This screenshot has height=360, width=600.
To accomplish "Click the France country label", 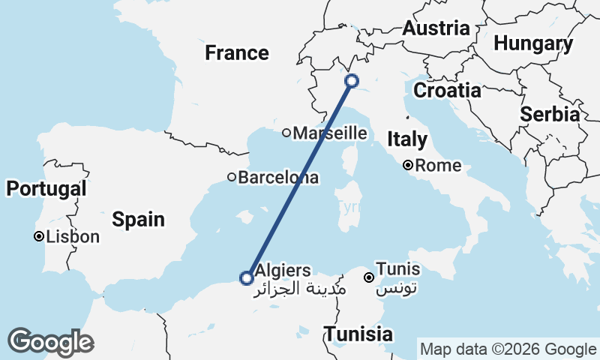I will click(237, 53).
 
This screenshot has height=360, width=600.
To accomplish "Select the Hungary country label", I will click(533, 44).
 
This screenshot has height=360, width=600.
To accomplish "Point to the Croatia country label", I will click(448, 91).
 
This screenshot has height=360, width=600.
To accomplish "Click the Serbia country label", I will click(550, 115).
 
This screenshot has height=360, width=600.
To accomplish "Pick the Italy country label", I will click(407, 139).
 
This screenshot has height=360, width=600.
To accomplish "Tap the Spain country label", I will click(138, 219).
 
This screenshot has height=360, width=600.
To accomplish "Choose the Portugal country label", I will click(46, 189).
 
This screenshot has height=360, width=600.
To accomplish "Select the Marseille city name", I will click(330, 133).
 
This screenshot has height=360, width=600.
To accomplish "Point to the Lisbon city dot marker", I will click(38, 237).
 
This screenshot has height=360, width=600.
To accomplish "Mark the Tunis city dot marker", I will click(369, 277).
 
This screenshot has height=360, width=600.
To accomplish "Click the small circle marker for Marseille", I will click(286, 133).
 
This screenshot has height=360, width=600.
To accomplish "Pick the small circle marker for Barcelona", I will click(232, 178).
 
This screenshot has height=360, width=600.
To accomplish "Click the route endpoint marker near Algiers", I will click(246, 277).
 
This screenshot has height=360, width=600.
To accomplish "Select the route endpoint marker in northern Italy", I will click(351, 81).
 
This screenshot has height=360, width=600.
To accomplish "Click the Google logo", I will click(50, 341).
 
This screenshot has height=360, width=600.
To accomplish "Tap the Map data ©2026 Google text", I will click(508, 349).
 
